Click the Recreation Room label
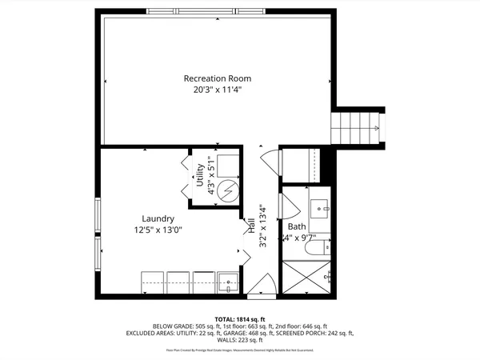click(x=218, y=78)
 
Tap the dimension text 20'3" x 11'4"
click(x=218, y=90)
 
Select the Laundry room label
click(x=158, y=218)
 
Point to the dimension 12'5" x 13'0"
click(x=158, y=230)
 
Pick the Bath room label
click(x=298, y=226)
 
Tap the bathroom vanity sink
click(x=324, y=207)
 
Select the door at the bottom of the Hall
click(x=263, y=286)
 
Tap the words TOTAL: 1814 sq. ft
click(x=239, y=318)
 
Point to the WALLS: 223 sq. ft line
click(x=240, y=340)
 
